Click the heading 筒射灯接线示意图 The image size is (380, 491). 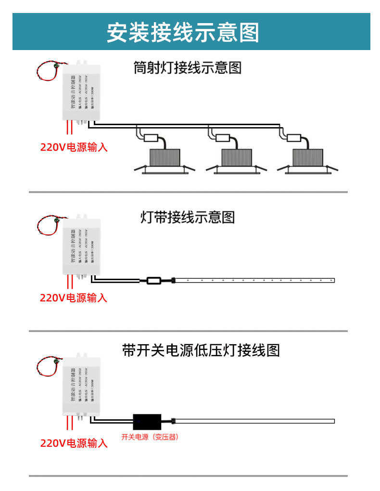pyautogui.click(x=187, y=68)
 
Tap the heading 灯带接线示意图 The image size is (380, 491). pyautogui.click(x=188, y=217)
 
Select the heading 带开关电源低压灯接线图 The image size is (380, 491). pyautogui.click(x=201, y=350)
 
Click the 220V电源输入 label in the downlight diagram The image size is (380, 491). pyautogui.click(x=74, y=147)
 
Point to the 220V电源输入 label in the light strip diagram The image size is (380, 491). pyautogui.click(x=74, y=297)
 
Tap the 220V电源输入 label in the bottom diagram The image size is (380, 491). pyautogui.click(x=74, y=443)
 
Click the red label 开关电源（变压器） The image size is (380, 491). pyautogui.click(x=150, y=437)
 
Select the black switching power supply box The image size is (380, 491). pyautogui.click(x=147, y=422)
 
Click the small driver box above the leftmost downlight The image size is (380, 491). pyautogui.click(x=152, y=138)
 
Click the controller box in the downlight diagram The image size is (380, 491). pyautogui.click(x=82, y=92)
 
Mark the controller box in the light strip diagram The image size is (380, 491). pyautogui.click(x=82, y=246)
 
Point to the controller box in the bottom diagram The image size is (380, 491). pyautogui.click(x=82, y=388)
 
